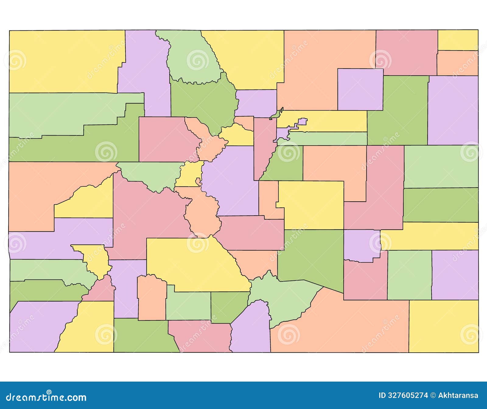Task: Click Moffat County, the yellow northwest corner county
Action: click(x=64, y=61)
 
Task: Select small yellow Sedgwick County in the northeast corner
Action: click(x=458, y=40)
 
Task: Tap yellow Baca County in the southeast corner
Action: click(x=443, y=326)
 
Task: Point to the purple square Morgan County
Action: click(x=360, y=89)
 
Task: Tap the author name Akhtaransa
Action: click(x=458, y=396)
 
